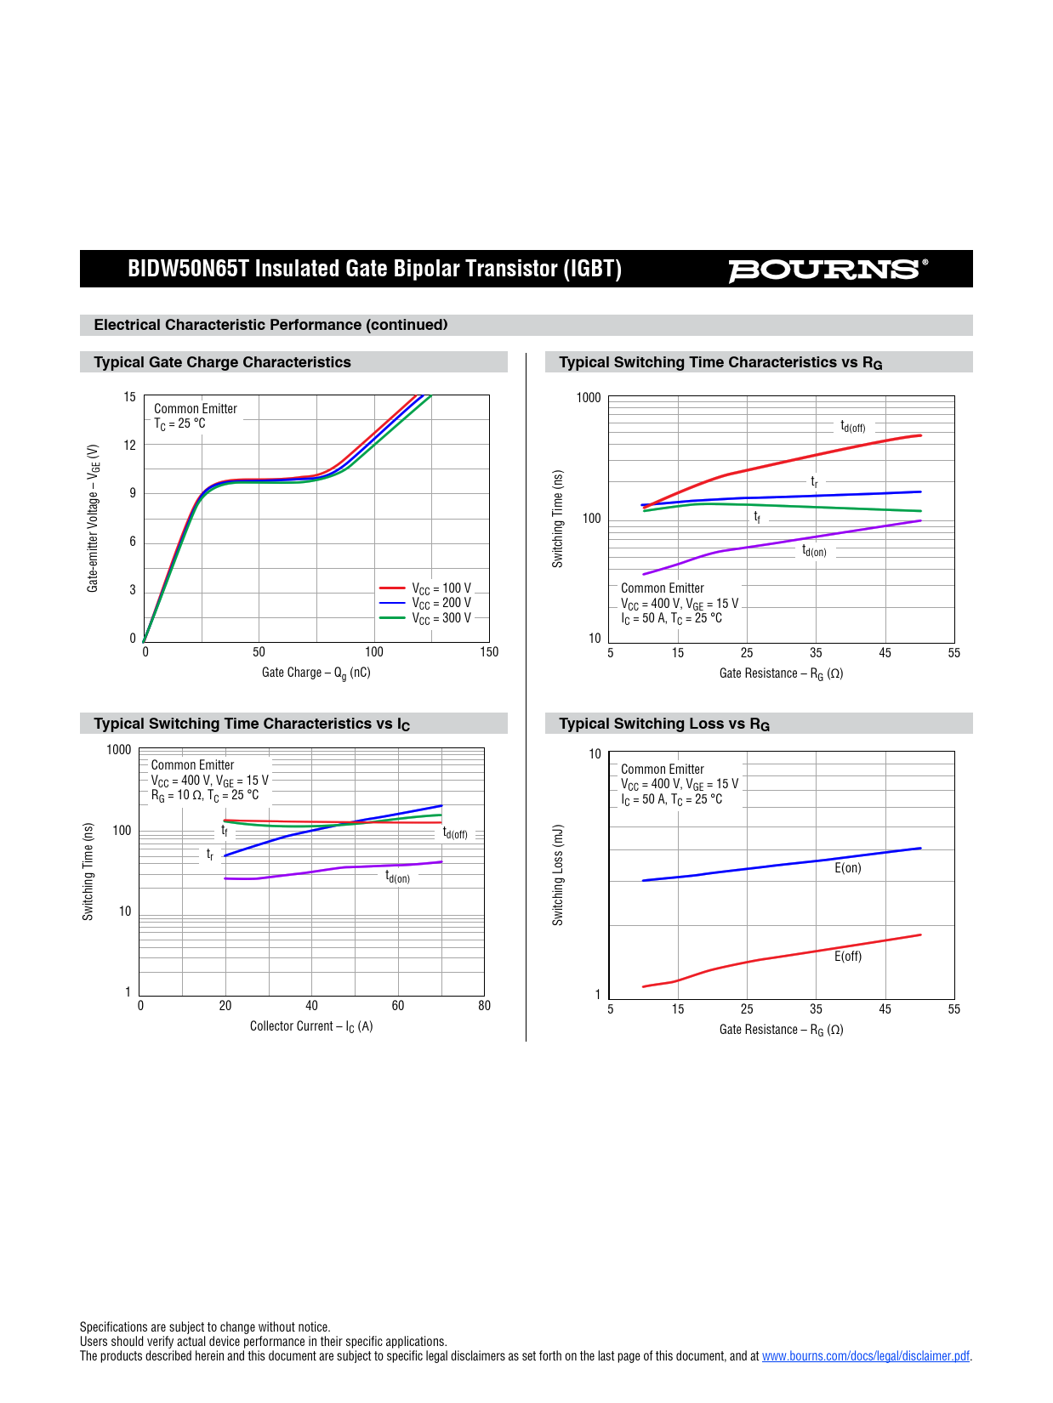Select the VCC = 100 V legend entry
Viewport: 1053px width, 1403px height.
[x=441, y=588]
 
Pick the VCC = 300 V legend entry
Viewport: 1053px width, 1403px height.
[x=441, y=618]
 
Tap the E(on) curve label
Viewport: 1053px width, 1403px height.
[x=848, y=868]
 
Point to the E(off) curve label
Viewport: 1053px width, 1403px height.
[x=848, y=957]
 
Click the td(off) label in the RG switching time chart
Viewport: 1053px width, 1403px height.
[x=852, y=426]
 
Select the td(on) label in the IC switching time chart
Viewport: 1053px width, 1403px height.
[x=397, y=877]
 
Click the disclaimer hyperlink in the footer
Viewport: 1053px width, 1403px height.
[x=865, y=1356]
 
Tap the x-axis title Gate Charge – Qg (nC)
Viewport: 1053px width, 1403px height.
[x=316, y=673]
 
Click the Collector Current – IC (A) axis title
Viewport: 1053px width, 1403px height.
[x=311, y=1026]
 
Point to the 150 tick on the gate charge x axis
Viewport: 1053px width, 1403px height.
[x=489, y=652]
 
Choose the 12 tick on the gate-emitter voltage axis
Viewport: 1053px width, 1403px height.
[x=129, y=445]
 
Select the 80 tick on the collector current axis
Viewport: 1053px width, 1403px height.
[x=484, y=1006]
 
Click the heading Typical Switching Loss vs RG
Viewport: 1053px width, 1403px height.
[x=664, y=724]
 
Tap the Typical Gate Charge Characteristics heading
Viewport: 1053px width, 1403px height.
[x=222, y=362]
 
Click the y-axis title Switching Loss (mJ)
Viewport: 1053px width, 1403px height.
[x=558, y=875]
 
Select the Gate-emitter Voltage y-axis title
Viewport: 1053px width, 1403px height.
[x=93, y=518]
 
